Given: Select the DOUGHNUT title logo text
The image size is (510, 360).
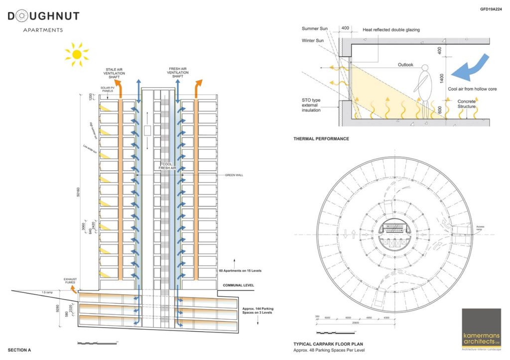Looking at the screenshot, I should (x=43, y=16).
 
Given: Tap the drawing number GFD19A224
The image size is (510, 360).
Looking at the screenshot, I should (x=490, y=9).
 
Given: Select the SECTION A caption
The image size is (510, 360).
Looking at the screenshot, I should (x=19, y=350).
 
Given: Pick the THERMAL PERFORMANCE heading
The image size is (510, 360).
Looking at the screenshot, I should (x=321, y=138).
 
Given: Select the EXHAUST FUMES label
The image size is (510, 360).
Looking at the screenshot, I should (x=69, y=280).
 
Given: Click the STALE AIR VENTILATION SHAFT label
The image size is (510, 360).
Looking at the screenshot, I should (x=114, y=73).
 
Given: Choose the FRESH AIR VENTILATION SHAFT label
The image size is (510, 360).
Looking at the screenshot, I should (x=177, y=73).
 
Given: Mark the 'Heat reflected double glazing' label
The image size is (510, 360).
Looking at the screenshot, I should (x=391, y=30).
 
